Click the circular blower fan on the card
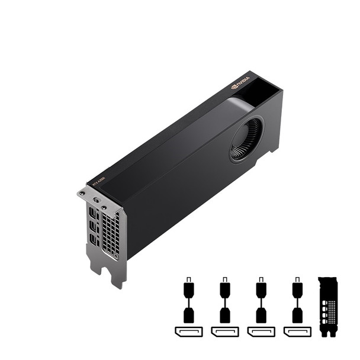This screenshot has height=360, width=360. point(247,140)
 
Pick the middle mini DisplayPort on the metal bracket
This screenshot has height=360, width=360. point(93,226)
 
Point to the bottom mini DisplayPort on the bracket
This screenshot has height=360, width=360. point(94,240)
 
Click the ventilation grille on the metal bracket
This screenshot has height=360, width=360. point(110,232)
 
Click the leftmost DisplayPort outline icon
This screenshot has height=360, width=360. point(188,331)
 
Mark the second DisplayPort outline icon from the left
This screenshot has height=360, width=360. point(225,331)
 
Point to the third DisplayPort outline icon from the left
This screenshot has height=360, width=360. point(261,331)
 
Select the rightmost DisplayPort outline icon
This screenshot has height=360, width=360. point(297,331)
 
